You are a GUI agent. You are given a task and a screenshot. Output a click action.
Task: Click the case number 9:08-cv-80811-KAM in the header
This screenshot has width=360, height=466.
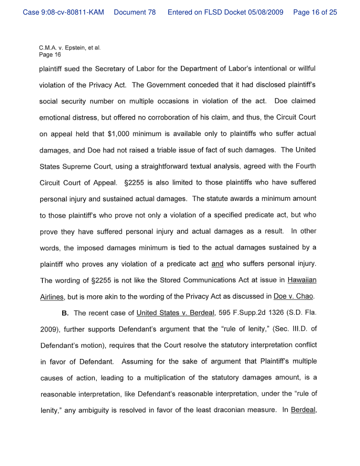point(63,12)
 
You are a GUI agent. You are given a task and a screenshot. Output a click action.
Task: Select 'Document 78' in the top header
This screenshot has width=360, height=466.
point(135,12)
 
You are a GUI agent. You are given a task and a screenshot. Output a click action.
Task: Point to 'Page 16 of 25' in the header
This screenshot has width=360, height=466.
point(315,12)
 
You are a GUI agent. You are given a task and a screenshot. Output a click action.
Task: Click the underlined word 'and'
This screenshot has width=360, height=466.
point(217,264)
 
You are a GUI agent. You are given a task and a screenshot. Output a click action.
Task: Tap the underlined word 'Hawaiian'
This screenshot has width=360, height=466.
point(302,280)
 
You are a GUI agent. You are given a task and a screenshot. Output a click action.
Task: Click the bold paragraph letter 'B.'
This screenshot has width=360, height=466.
point(65,313)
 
